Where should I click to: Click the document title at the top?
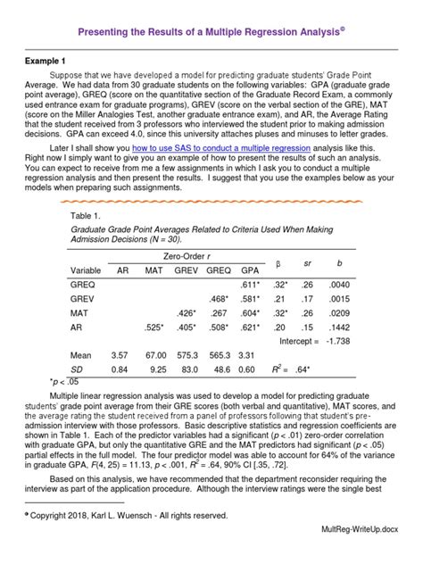211,33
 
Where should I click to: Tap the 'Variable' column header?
87,270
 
